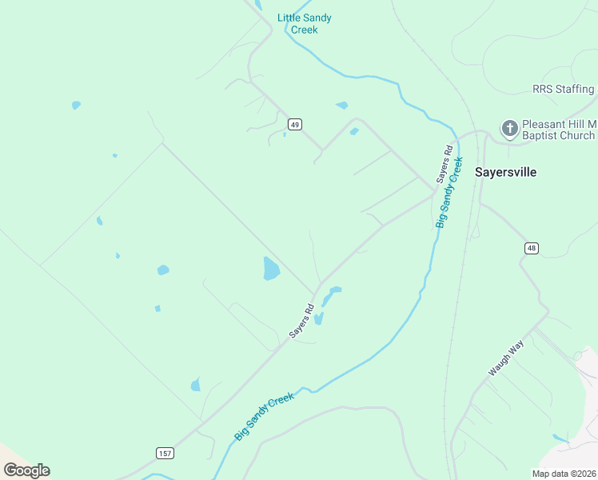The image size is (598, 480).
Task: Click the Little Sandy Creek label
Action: pos(304,24)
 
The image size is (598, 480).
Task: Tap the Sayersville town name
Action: pos(505,172)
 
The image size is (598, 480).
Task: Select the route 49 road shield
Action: pos(295,124)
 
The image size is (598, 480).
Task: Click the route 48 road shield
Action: pos(532,249)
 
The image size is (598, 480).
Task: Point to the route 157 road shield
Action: pos(165,454)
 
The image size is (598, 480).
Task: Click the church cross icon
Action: pos(508,128)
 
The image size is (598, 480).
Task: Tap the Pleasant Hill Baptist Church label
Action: pos(558,130)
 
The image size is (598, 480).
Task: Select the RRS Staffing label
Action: pos(564,89)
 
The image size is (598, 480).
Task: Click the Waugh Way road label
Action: pos(504,361)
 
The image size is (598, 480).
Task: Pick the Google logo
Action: pos(26,470)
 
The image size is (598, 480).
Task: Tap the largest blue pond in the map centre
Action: pos(271,269)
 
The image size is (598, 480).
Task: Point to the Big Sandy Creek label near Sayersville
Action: pos(449,192)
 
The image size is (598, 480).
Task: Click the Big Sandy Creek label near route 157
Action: pos(265,415)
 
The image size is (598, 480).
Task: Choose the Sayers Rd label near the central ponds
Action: pos(301,321)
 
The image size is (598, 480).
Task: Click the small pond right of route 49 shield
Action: pos(353,131)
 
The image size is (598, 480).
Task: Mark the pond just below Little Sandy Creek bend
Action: pos(342,105)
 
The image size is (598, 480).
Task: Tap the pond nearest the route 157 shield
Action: pos(196,386)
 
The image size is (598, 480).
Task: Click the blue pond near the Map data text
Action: pos(560,438)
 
